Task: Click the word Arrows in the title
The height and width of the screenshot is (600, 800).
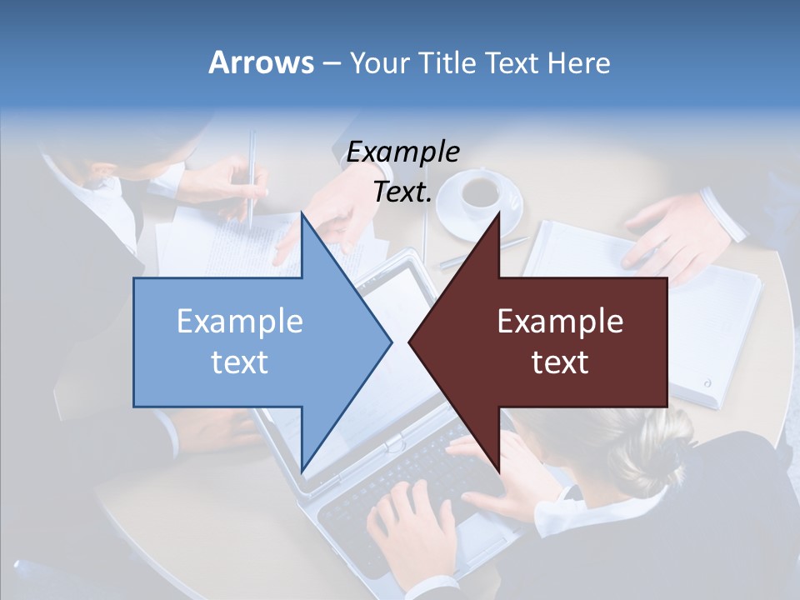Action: pos(261,62)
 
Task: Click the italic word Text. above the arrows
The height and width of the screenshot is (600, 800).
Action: pos(402,192)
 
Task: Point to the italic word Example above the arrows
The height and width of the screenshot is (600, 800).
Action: pos(402,152)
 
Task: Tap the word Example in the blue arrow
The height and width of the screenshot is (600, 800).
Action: pos(240,322)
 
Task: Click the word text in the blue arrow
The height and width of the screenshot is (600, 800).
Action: pos(240,362)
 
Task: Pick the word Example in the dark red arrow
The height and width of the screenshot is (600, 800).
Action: pos(560,322)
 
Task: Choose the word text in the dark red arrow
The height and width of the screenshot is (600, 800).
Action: pos(560,362)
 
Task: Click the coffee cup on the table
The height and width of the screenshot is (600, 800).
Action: pos(480,193)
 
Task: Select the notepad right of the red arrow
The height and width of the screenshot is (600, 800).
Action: pos(717,333)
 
